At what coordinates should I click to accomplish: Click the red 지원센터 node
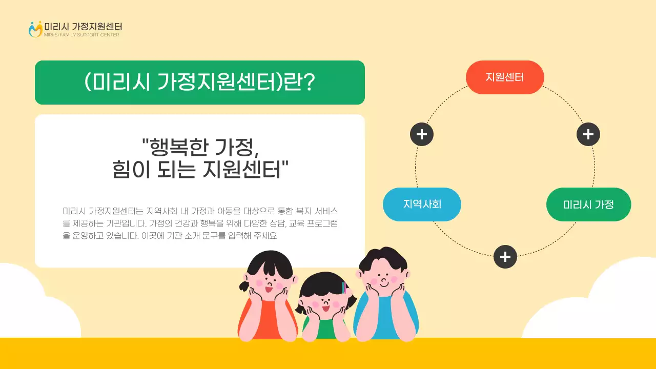pyautogui.click(x=505, y=77)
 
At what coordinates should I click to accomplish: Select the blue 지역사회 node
pyautogui.click(x=422, y=204)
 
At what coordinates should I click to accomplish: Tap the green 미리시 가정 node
pyautogui.click(x=588, y=204)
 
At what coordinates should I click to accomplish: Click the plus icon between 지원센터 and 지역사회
pyautogui.click(x=422, y=135)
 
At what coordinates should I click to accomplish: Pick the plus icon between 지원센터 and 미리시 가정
pyautogui.click(x=588, y=135)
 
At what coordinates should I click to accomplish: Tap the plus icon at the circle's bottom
pyautogui.click(x=505, y=256)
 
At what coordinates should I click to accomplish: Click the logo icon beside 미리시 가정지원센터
pyautogui.click(x=35, y=29)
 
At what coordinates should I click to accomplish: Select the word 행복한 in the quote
pyautogui.click(x=174, y=148)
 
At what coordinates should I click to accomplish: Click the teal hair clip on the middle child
pyautogui.click(x=343, y=288)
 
